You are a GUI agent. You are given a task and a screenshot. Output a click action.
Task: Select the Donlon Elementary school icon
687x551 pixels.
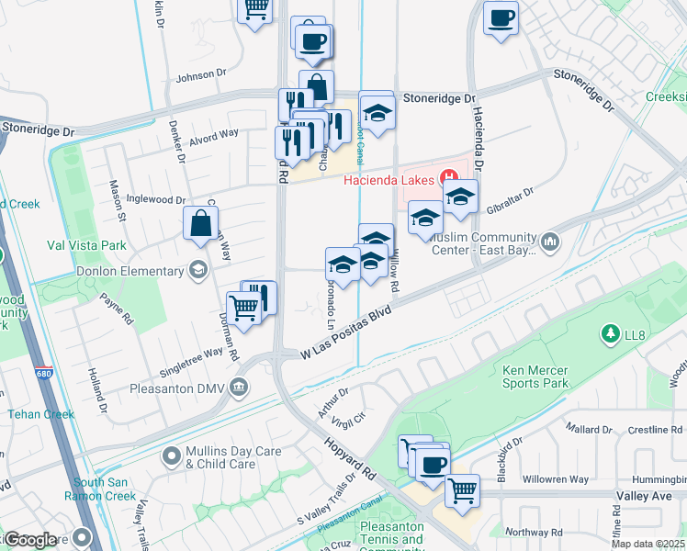point(197,270)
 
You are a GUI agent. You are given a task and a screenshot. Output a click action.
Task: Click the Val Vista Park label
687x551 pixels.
point(86,245)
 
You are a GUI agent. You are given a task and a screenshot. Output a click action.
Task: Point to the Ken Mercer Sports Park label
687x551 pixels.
point(536,377)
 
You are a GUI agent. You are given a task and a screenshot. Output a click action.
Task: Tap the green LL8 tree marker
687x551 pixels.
point(607,332)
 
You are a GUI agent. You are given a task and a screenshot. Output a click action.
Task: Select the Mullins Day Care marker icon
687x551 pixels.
point(171,455)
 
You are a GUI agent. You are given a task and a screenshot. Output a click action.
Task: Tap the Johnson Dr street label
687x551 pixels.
point(200,74)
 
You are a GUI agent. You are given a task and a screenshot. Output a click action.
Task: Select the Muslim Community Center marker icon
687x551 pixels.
point(550,242)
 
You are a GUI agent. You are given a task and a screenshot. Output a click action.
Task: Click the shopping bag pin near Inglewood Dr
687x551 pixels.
point(200,224)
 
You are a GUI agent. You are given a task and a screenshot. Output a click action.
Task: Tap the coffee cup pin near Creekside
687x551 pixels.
point(501,18)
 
